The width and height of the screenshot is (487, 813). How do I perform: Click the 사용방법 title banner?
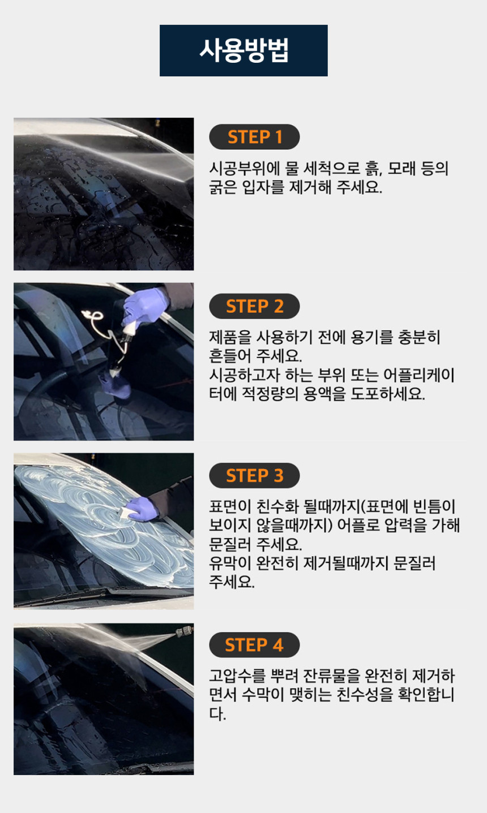pos(244,50)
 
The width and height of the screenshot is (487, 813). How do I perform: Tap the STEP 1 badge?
pos(254,137)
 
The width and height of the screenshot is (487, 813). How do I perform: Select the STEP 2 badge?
pos(254,306)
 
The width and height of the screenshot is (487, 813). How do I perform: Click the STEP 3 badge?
pos(254,475)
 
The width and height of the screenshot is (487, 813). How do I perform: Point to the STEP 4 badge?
pos(254,645)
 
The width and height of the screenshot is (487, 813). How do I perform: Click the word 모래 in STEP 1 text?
pos(401,169)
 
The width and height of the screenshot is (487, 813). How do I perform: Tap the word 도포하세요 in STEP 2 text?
pos(387,394)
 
